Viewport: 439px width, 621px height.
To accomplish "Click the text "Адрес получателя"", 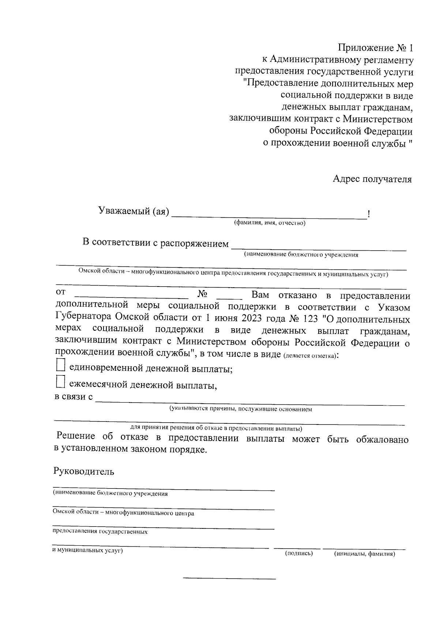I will point(372,179).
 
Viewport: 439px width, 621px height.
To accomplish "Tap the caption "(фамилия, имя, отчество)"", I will point(270,223).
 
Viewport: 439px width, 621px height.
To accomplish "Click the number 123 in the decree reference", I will point(311,319).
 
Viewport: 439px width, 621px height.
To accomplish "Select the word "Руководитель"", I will point(84,471).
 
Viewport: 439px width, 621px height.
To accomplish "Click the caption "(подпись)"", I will point(299,554).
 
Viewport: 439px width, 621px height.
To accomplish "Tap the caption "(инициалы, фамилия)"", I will point(364,554).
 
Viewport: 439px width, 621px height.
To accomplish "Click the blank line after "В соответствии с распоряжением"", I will point(319,249).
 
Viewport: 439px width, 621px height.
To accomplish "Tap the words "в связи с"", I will point(74,397).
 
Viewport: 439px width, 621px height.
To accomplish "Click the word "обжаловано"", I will point(382,439).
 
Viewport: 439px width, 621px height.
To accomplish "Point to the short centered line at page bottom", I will point(229,579).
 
